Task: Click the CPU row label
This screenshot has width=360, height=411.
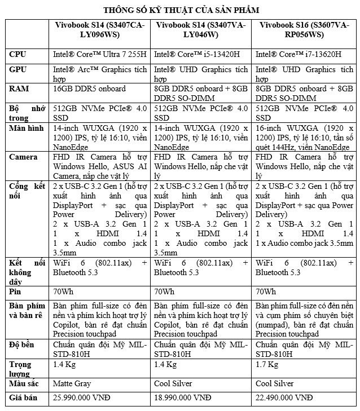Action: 19,55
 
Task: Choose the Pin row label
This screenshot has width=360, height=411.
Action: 15,291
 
